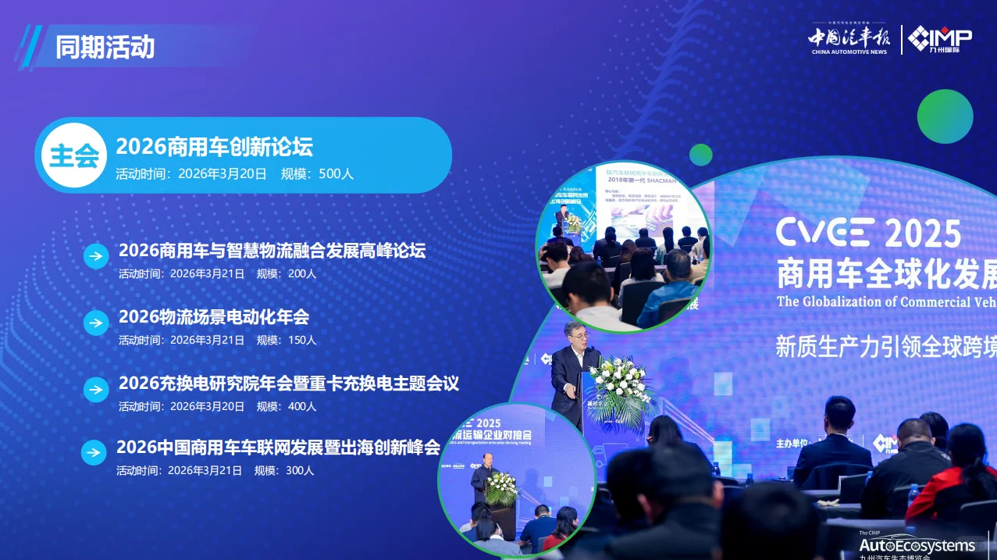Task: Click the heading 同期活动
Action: tap(105, 47)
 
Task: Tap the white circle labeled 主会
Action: tap(74, 155)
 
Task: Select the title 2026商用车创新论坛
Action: tap(214, 146)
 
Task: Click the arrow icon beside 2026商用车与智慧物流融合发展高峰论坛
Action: tap(96, 256)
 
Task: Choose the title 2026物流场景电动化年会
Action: tap(213, 317)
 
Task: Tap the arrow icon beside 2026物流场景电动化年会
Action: tap(96, 323)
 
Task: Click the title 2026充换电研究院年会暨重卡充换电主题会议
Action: tap(288, 383)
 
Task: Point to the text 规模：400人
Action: tap(287, 406)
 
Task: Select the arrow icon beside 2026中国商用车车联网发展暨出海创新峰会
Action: tap(94, 452)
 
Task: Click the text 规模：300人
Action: tap(284, 470)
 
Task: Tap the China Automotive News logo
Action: tap(849, 40)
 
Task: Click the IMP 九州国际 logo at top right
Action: tap(940, 39)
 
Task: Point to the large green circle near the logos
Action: tap(945, 116)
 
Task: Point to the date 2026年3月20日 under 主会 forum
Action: tap(223, 174)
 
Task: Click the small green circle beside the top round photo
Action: tap(700, 155)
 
